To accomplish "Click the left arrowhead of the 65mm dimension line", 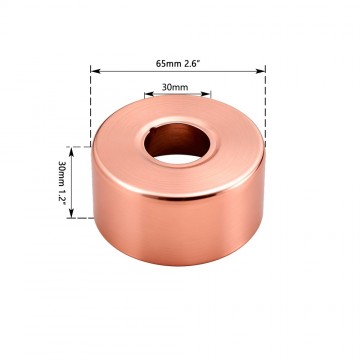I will [95, 70].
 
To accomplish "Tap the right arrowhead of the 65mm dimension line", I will [263, 70].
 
